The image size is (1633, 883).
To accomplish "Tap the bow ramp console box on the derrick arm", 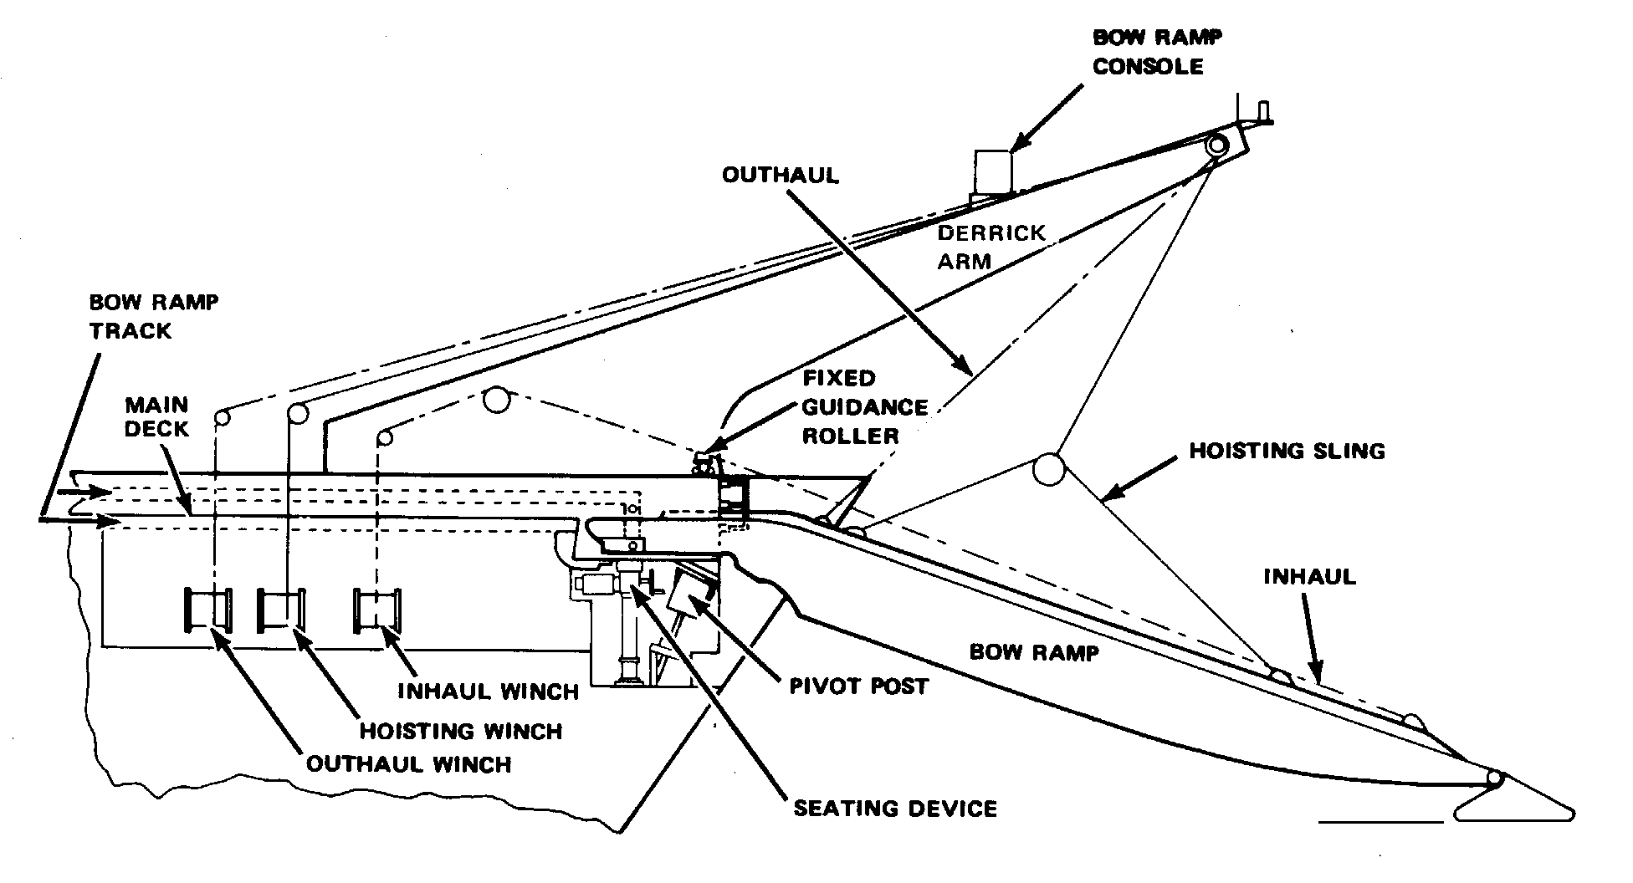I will pyautogui.click(x=992, y=171).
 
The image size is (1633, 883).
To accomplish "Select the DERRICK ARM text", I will pyautogui.click(x=991, y=247).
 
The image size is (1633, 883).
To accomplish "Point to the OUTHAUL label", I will pyautogui.click(x=780, y=176).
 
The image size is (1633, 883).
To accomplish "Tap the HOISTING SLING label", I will pyautogui.click(x=1287, y=452).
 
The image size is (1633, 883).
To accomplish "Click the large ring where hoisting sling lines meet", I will pyautogui.click(x=1049, y=469).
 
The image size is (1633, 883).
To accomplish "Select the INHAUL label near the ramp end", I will pyautogui.click(x=1309, y=577).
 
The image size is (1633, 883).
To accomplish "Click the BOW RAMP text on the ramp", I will pyautogui.click(x=1033, y=652).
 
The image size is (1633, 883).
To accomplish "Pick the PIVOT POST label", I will pyautogui.click(x=858, y=686).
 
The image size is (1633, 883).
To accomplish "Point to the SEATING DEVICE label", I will pyautogui.click(x=894, y=809).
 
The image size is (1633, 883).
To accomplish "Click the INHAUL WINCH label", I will pyautogui.click(x=488, y=692).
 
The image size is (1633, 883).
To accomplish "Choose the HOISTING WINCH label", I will pyautogui.click(x=461, y=732).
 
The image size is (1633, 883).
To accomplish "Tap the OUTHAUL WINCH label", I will pyautogui.click(x=408, y=764).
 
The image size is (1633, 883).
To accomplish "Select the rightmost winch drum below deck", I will pyautogui.click(x=377, y=610).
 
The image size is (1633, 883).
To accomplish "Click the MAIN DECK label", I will pyautogui.click(x=156, y=416).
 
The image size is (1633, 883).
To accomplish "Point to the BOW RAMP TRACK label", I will pyautogui.click(x=153, y=316).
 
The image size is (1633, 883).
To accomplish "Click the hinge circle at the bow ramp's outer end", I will pyautogui.click(x=1493, y=779).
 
